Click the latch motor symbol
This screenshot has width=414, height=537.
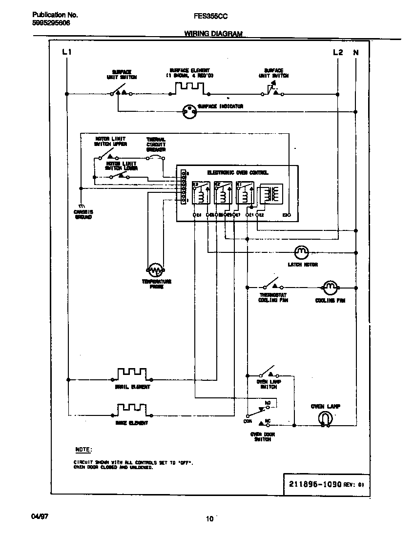point(301,252)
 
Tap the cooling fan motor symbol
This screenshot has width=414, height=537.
point(330,287)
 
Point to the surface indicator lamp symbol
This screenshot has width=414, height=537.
point(188,111)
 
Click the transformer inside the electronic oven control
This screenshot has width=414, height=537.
point(267,194)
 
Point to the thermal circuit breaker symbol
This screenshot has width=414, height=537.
point(156,157)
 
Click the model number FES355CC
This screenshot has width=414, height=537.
point(211,16)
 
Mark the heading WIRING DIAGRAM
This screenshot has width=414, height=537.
point(213,34)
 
